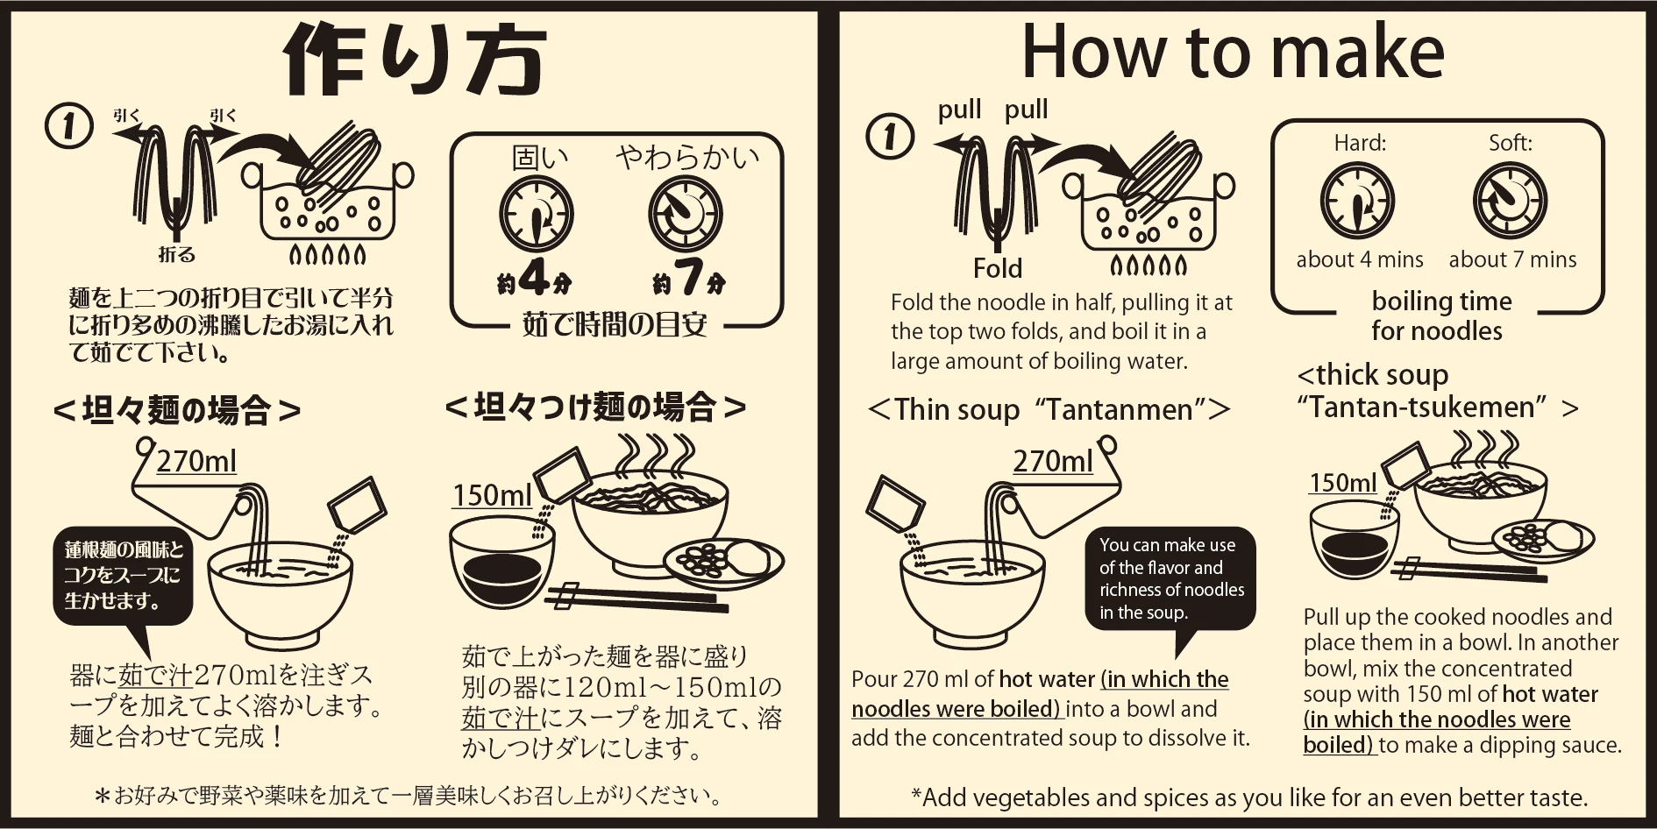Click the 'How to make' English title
(x=1233, y=53)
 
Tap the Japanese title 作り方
(x=414, y=60)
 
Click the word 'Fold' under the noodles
(x=998, y=268)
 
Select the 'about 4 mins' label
(x=1360, y=259)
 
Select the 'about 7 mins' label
(x=1512, y=259)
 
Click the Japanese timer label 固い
(x=539, y=158)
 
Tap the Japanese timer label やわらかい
(x=687, y=158)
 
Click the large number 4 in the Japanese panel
(x=534, y=278)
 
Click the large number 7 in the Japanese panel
(x=689, y=278)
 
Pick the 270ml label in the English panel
(x=1053, y=461)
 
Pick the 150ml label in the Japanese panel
(x=492, y=496)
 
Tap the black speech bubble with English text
(x=1170, y=578)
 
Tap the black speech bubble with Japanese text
(x=123, y=576)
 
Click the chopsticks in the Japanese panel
(x=636, y=599)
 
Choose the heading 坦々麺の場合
(x=176, y=410)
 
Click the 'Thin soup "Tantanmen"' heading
(x=1049, y=409)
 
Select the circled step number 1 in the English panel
(x=890, y=137)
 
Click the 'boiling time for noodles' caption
(x=1440, y=315)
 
